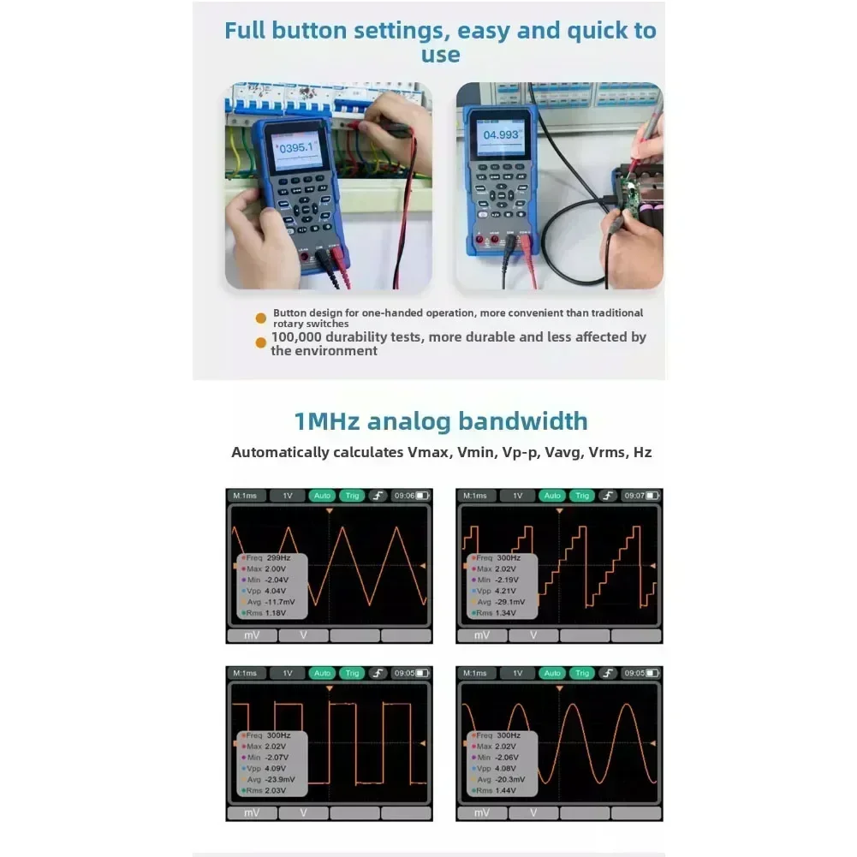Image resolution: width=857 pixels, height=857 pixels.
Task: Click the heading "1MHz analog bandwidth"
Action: (x=441, y=421)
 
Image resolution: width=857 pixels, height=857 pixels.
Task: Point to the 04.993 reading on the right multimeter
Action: (x=501, y=135)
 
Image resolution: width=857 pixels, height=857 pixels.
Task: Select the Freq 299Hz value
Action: (x=271, y=557)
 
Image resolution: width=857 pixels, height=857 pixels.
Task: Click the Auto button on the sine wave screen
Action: (x=552, y=673)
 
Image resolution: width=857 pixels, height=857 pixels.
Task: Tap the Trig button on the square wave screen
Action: (x=351, y=673)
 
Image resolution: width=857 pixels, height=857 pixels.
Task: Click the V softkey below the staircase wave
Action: (x=533, y=635)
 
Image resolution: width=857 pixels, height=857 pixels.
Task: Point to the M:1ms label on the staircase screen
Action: (x=474, y=496)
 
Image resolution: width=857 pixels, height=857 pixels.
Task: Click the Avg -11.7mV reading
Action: (x=271, y=602)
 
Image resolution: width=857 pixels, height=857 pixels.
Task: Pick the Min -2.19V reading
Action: (x=503, y=580)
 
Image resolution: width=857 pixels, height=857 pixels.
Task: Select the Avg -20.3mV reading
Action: (x=503, y=779)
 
